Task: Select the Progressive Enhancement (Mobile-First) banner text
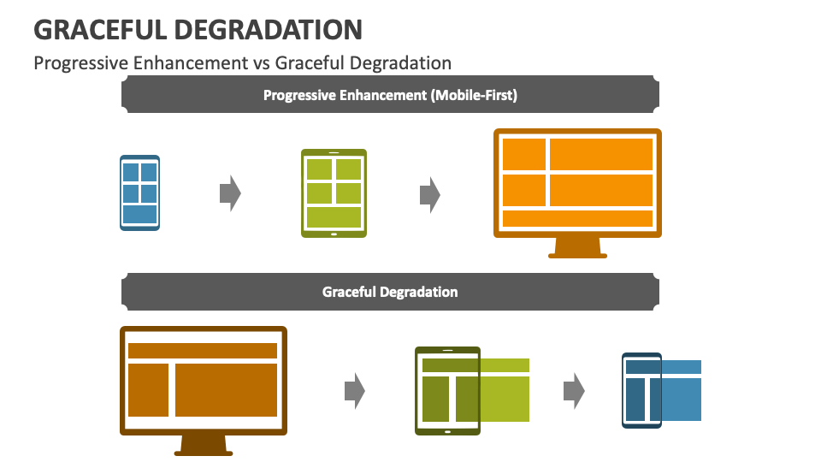tap(390, 95)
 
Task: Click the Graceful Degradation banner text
tap(390, 292)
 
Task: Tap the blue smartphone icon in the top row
tap(139, 192)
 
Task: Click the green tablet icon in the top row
tap(334, 193)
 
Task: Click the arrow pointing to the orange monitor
tap(429, 195)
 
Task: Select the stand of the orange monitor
tap(577, 248)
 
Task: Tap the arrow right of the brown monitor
tap(354, 391)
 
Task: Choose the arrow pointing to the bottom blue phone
tap(574, 391)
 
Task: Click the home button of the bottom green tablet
tap(447, 430)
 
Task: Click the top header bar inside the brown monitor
tap(203, 351)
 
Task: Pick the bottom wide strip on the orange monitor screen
tap(577, 218)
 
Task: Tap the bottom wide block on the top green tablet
tap(334, 216)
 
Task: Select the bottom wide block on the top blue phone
tap(139, 214)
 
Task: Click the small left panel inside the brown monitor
tap(148, 390)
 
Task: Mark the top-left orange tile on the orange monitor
tap(524, 154)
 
